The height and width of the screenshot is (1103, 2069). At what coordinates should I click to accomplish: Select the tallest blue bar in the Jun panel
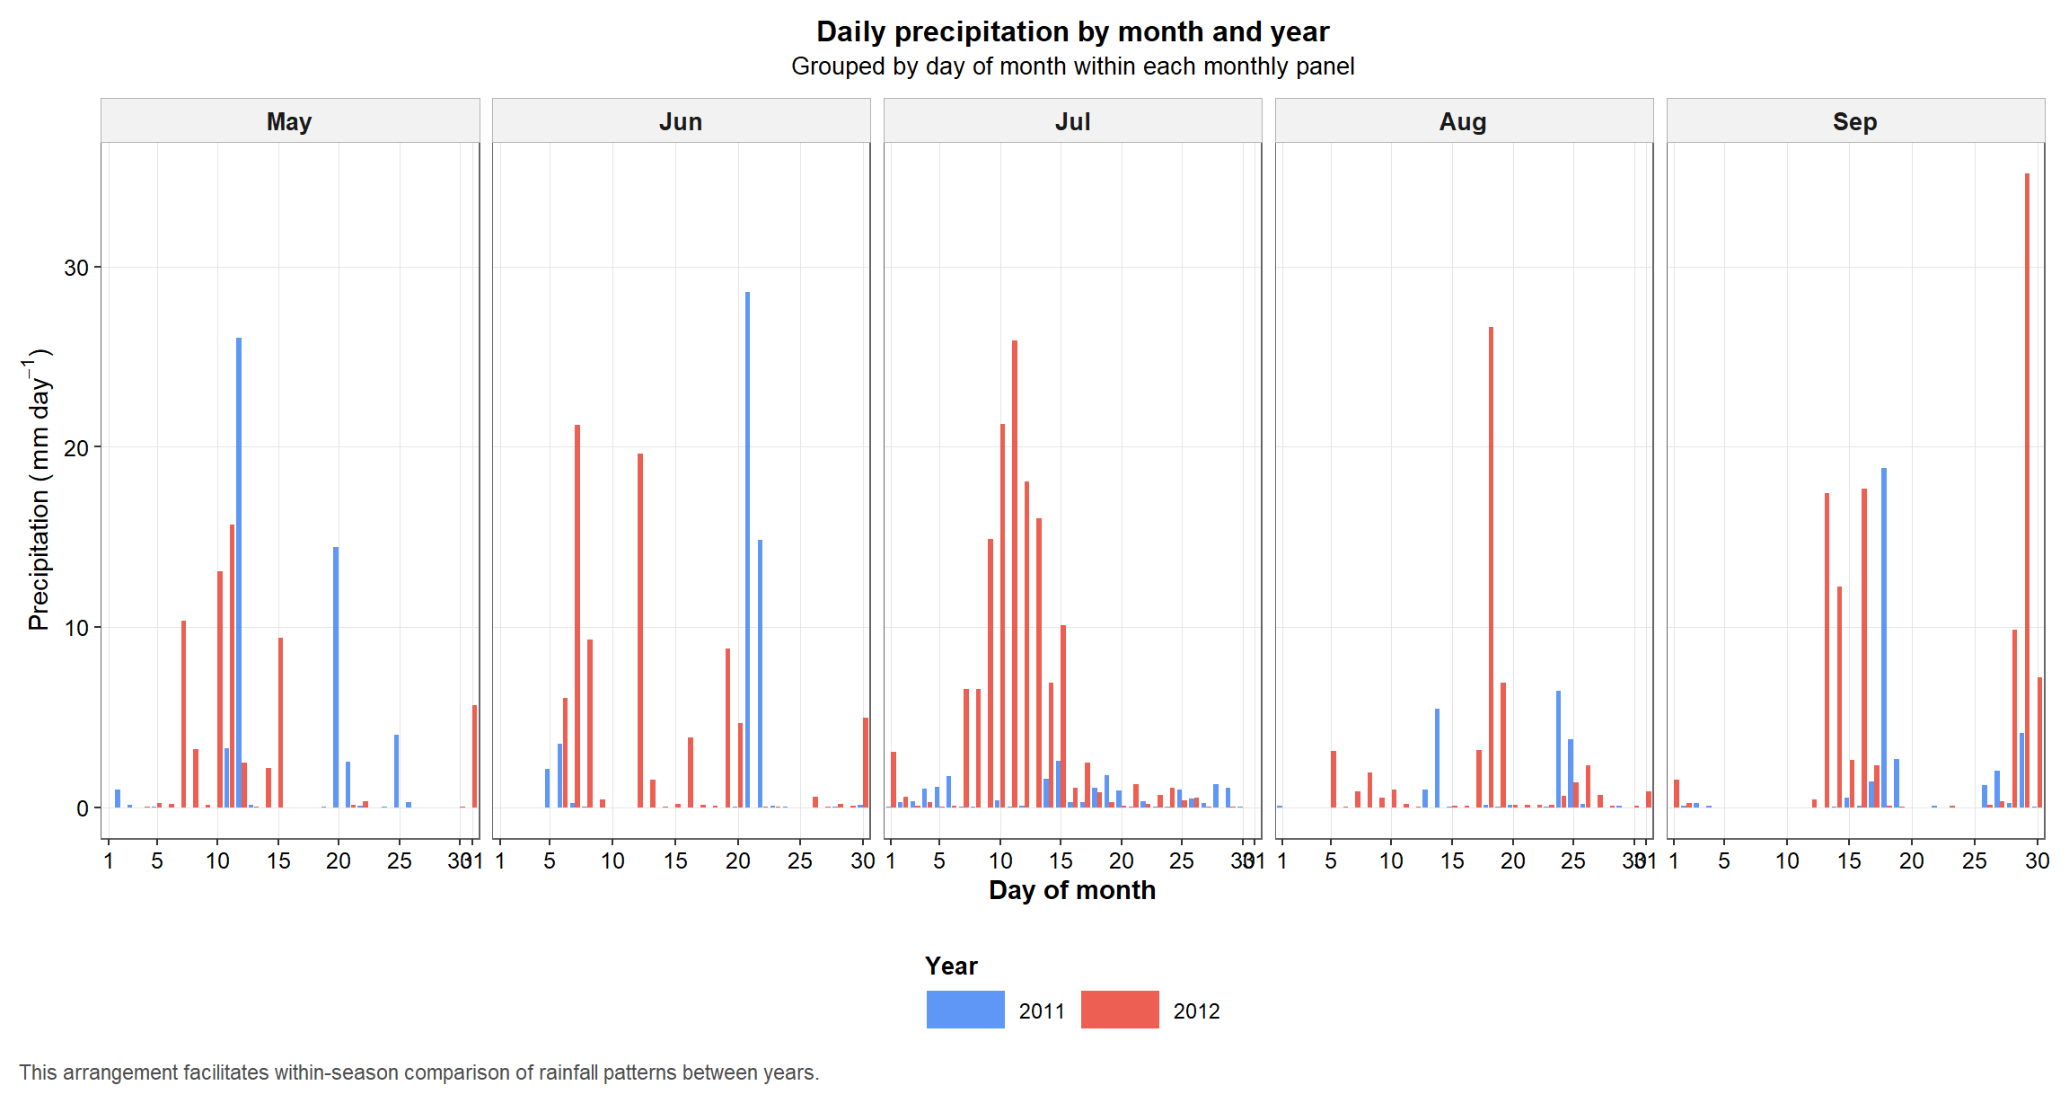pos(747,549)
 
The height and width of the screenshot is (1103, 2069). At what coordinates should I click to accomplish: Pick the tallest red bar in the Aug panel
pos(1491,567)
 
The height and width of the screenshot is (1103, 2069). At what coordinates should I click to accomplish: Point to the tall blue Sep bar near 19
pos(1884,637)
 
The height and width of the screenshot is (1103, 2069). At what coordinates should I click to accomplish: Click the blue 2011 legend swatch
pos(965,1010)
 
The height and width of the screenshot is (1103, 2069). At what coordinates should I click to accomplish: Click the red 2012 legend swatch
pos(1120,1010)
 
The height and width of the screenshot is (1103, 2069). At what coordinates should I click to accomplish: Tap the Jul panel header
pos(1072,121)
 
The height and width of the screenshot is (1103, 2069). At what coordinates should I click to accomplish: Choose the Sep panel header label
pos(1854,121)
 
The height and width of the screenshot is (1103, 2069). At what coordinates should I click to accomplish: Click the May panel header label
pos(289,121)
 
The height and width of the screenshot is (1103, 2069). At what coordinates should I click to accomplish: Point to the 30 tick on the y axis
pos(76,268)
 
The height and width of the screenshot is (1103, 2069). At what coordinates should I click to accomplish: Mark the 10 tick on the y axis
pos(76,628)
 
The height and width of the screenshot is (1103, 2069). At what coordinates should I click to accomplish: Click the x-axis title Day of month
pos(1072,890)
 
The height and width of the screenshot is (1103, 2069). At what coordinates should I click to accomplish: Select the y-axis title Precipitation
pos(38,490)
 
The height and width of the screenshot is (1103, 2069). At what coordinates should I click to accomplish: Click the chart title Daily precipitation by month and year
pos(1072,31)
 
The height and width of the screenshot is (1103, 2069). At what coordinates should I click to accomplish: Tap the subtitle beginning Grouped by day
pos(1072,66)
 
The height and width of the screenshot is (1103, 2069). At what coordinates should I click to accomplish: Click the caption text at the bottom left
pos(418,1072)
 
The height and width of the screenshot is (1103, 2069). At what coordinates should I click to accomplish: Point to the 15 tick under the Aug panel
pos(1452,860)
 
